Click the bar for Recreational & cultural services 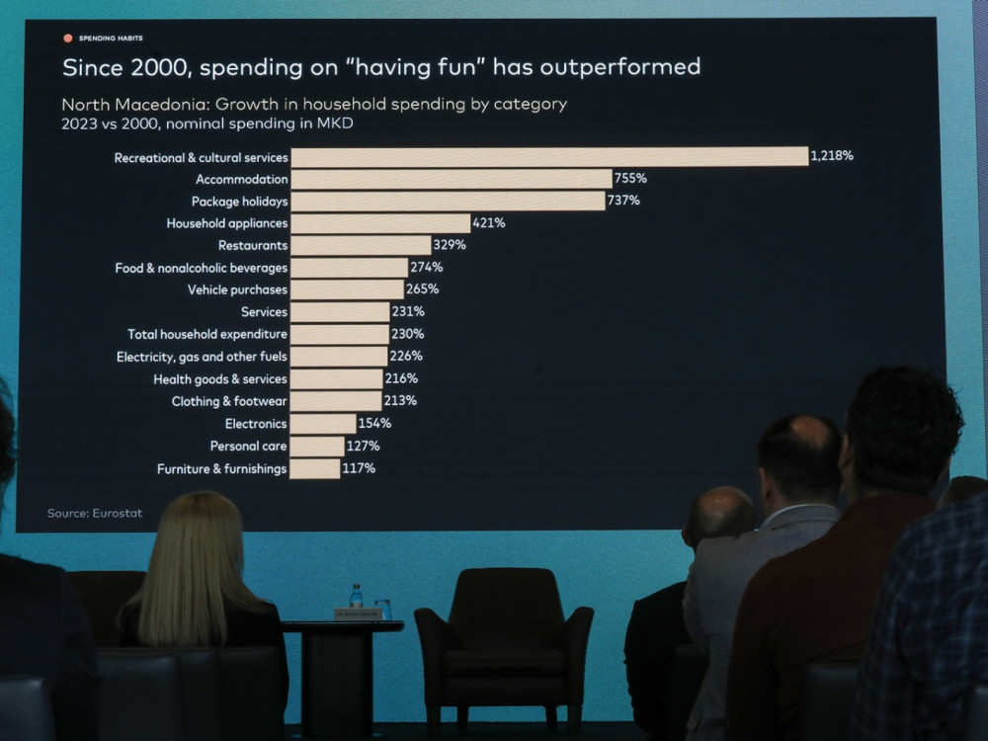549,156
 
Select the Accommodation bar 452,179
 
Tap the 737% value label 623,201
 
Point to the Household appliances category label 227,223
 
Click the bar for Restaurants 361,245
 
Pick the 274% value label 427,267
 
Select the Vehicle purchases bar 347,289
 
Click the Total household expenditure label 207,334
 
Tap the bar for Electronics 323,423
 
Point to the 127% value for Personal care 363,446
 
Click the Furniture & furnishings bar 315,468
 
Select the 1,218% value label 832,156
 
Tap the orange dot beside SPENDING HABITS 68,39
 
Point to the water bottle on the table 356,596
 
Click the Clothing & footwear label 229,401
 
